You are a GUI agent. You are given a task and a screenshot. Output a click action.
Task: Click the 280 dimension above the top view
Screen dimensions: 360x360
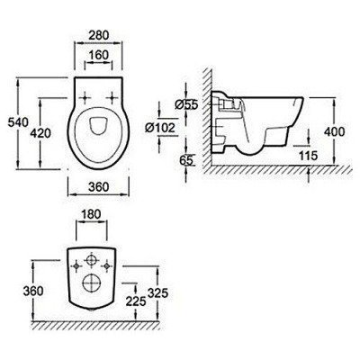(99, 35)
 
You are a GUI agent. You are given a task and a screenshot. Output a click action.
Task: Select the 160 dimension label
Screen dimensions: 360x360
(99, 55)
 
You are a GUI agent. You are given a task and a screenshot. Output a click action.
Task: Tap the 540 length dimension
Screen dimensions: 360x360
(18, 122)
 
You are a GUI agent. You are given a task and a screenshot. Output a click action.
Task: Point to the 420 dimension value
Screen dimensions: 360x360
(40, 133)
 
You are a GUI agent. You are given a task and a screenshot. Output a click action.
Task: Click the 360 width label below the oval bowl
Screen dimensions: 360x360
(98, 187)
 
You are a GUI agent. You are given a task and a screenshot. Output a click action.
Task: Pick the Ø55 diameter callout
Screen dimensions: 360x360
(186, 104)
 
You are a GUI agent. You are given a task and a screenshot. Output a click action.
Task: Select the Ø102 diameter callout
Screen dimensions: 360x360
(160, 128)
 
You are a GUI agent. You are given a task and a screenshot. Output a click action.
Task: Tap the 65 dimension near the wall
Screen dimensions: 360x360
(185, 160)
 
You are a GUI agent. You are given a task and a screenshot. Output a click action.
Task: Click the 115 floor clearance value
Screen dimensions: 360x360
(308, 156)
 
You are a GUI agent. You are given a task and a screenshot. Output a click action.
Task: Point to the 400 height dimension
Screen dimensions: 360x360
(335, 131)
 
